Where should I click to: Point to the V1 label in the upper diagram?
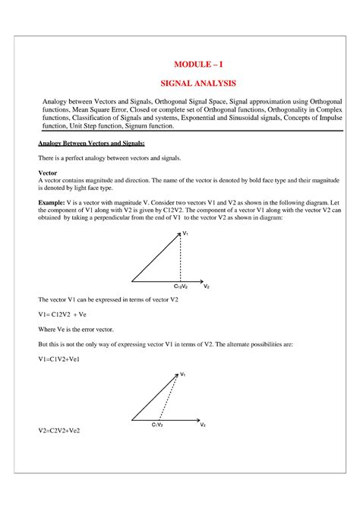pyautogui.click(x=185, y=235)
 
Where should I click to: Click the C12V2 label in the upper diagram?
pyautogui.click(x=182, y=286)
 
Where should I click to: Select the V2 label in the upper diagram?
pyautogui.click(x=207, y=286)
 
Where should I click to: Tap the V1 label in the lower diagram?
pyautogui.click(x=183, y=375)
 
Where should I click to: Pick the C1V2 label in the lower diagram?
pyautogui.click(x=157, y=425)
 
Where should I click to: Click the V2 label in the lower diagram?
pyautogui.click(x=204, y=425)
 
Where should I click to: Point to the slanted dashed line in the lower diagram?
pyautogui.click(x=169, y=399)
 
